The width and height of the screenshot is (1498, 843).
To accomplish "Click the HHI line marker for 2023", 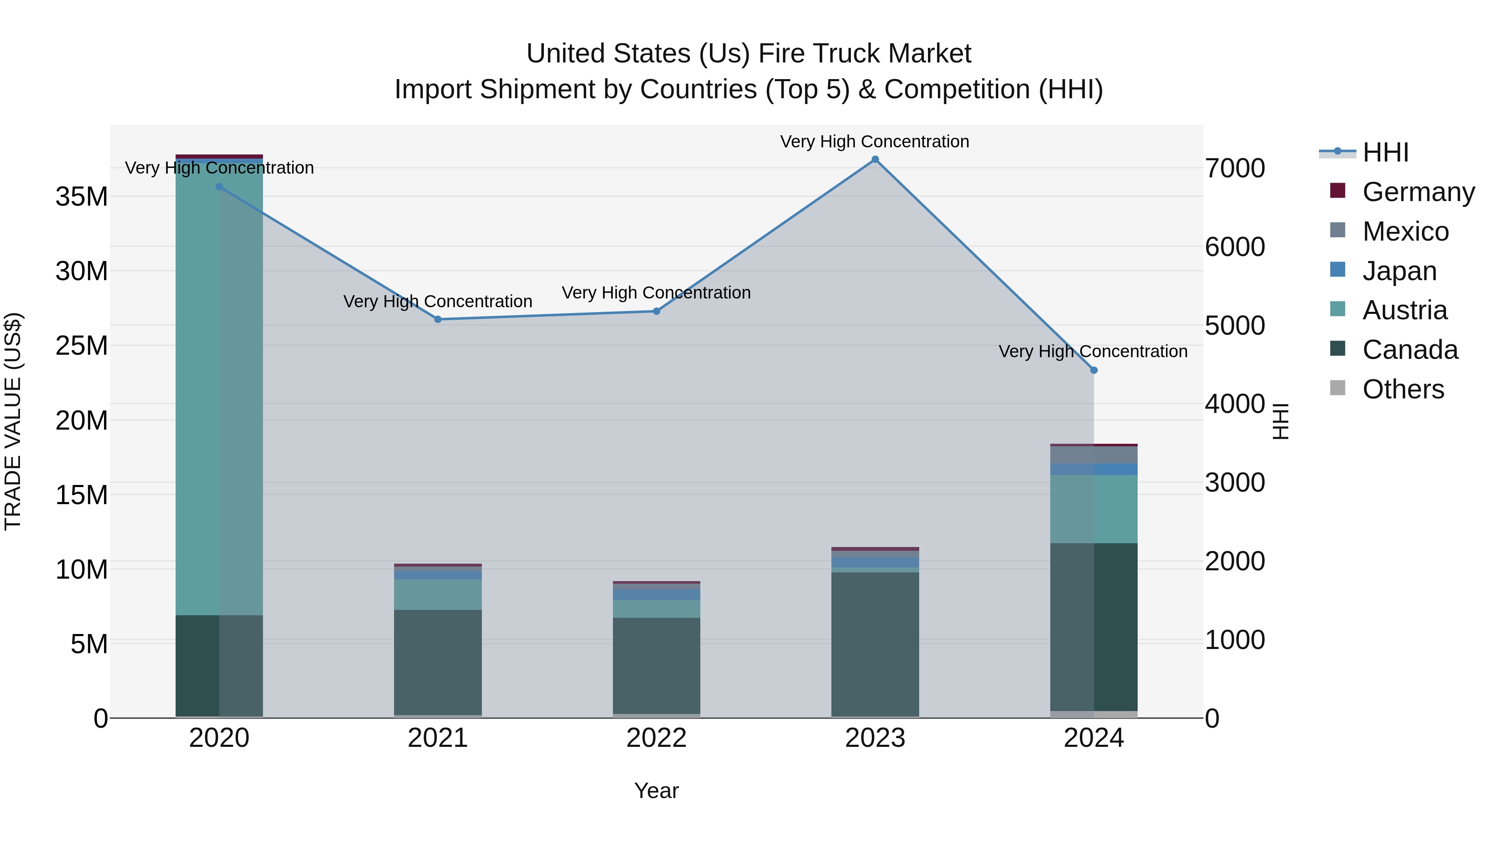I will [875, 159].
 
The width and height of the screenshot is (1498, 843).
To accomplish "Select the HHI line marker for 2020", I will [219, 187].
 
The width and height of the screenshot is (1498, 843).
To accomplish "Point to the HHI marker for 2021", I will [438, 319].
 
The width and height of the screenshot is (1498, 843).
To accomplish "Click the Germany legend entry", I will [1418, 192].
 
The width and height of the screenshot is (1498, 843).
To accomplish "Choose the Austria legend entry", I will [1404, 310].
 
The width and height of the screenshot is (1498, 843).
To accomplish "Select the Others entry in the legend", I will [1403, 389].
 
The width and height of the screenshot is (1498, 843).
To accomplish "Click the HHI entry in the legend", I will [1385, 152].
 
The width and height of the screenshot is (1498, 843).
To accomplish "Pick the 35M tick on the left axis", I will [82, 196].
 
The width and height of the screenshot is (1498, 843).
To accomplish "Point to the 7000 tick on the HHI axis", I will [1234, 168].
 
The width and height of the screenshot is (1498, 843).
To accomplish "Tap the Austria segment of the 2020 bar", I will [219, 384].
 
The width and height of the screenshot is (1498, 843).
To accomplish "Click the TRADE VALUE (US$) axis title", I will [13, 421].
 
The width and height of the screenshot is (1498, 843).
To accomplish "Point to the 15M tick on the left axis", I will [82, 495].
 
